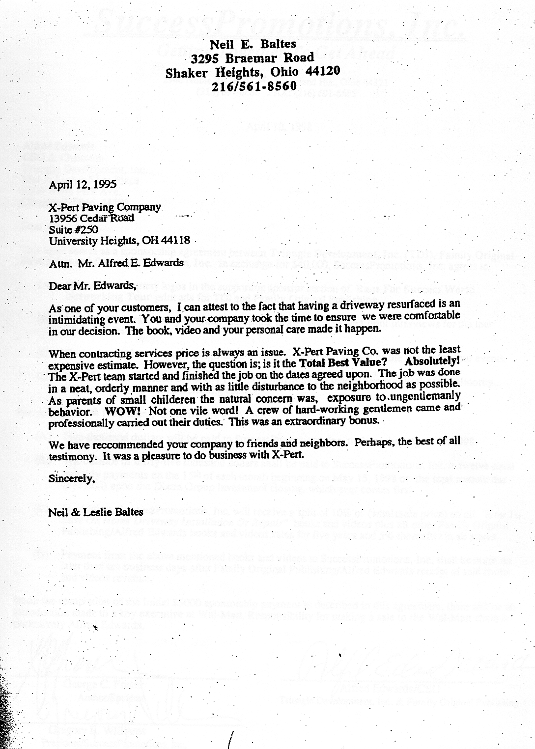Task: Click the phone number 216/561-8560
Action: [254, 86]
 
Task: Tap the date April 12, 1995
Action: [83, 185]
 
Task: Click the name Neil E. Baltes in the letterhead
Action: [253, 44]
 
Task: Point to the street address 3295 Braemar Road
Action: [253, 58]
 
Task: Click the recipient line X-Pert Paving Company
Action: [105, 207]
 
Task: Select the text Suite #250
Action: [73, 229]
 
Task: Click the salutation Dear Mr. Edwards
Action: [91, 285]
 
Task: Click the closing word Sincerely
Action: [71, 477]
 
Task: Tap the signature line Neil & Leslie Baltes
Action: [96, 512]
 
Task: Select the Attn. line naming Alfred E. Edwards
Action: [116, 263]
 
